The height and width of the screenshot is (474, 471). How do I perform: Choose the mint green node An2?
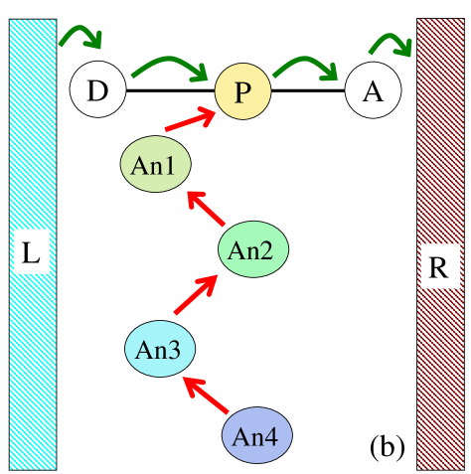[252, 249]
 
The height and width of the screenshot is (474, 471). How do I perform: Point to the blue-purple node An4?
[256, 435]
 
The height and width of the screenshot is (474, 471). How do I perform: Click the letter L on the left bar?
[32, 255]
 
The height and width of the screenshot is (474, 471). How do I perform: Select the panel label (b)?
[387, 446]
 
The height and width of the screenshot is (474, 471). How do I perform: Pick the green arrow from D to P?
[170, 66]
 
